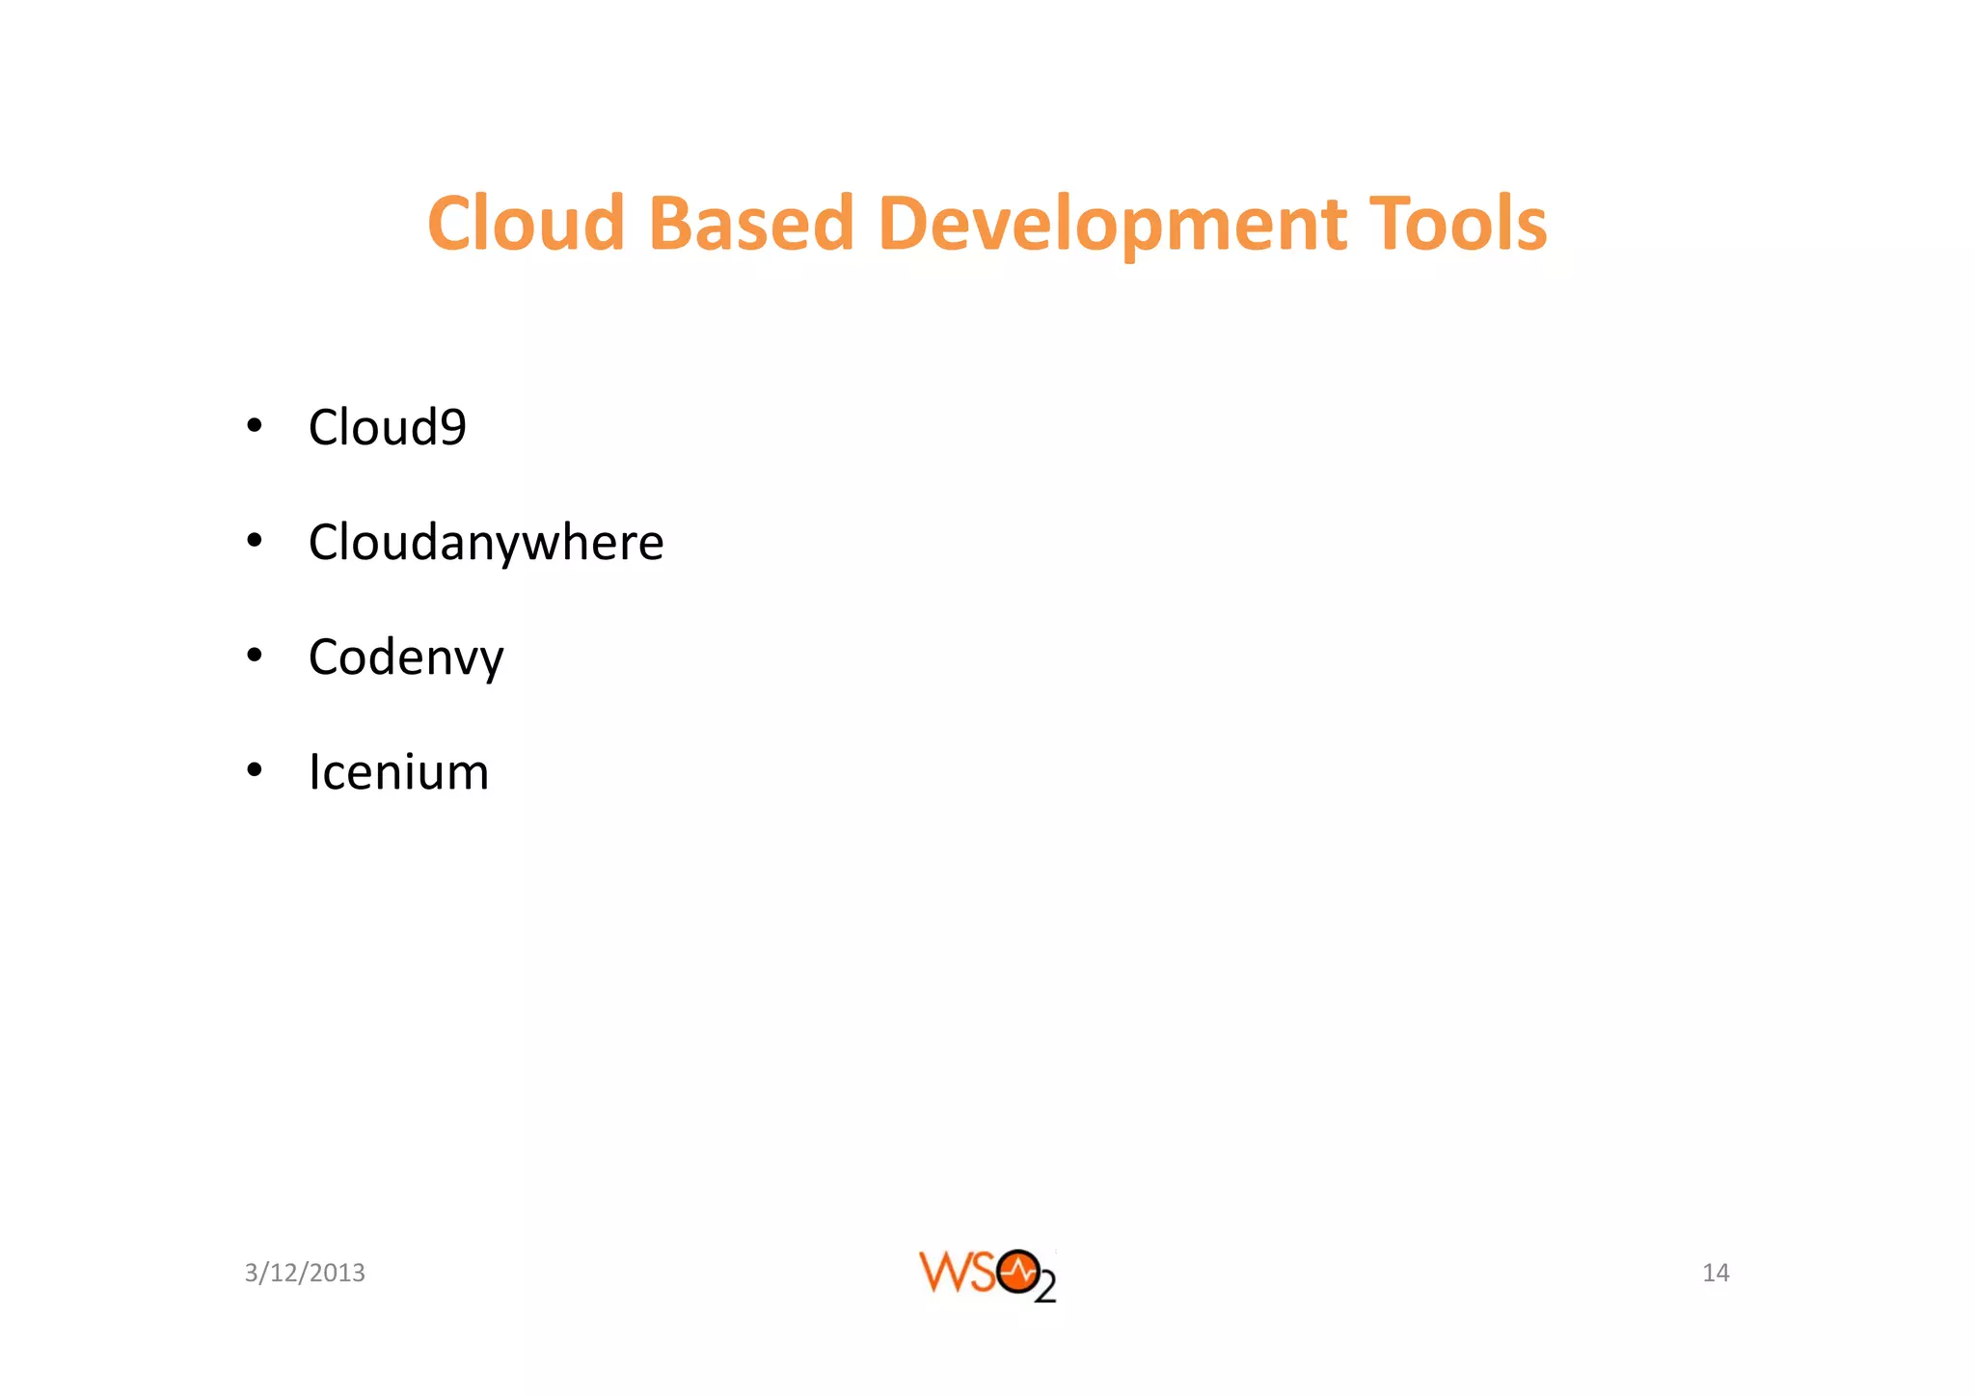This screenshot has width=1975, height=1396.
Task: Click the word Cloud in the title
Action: coord(527,224)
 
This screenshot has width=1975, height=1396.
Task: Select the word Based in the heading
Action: coord(751,224)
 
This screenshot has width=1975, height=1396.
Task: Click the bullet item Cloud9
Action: coord(387,427)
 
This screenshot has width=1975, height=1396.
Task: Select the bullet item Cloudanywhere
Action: coord(486,543)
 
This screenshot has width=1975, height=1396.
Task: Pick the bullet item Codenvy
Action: coord(406,658)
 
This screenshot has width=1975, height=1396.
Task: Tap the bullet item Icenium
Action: coord(398,772)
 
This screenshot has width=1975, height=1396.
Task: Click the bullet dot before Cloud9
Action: coord(255,425)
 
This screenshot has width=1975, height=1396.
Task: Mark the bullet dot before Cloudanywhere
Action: coord(255,541)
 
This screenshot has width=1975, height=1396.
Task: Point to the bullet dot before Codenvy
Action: coord(255,656)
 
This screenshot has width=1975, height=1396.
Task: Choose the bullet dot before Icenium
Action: coord(255,770)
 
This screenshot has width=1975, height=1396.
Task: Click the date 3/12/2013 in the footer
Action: coord(305,1273)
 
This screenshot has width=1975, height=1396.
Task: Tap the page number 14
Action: coord(1716,1273)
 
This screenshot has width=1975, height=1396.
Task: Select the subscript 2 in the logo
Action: coord(1045,1289)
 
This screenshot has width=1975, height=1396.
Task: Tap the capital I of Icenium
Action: coord(314,772)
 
